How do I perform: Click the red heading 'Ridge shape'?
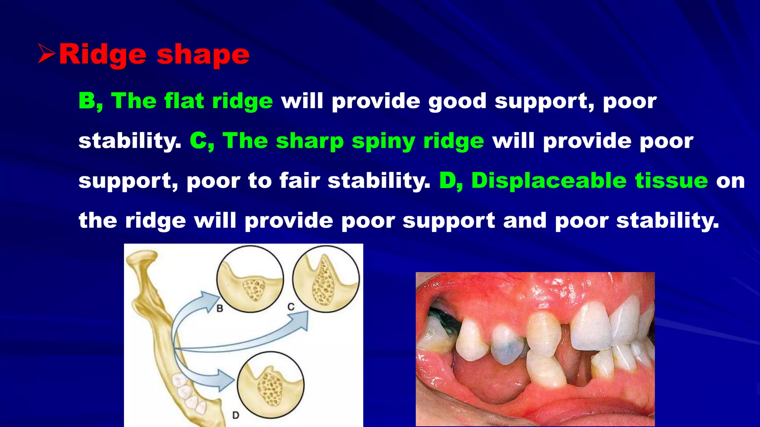point(154,55)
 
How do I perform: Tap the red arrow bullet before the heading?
point(46,54)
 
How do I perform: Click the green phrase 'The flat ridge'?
point(192,101)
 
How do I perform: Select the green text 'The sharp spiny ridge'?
point(353,141)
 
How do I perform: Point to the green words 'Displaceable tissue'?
point(589,181)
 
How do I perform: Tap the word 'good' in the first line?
point(457,101)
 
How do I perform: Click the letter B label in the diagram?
point(220,308)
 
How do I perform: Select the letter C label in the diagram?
point(291,307)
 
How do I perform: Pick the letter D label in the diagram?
point(236,415)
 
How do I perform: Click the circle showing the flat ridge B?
point(250,279)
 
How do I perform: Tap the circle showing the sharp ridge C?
point(326,279)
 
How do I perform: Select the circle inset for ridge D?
point(271,385)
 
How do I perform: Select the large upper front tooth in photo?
point(591,326)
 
